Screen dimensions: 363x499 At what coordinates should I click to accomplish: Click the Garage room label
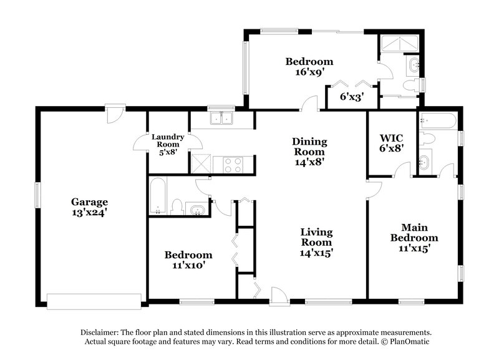[x=89, y=201]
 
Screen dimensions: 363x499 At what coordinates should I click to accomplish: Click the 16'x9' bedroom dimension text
[x=309, y=73]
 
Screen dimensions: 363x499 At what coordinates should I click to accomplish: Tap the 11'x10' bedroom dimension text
[x=188, y=266]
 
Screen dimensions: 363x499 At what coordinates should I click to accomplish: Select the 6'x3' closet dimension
[x=352, y=97]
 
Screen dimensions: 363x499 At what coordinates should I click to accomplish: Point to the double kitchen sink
[x=221, y=118]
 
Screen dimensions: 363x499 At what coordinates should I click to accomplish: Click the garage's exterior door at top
[x=114, y=114]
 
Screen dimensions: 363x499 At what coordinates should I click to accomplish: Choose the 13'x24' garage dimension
[x=89, y=212]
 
